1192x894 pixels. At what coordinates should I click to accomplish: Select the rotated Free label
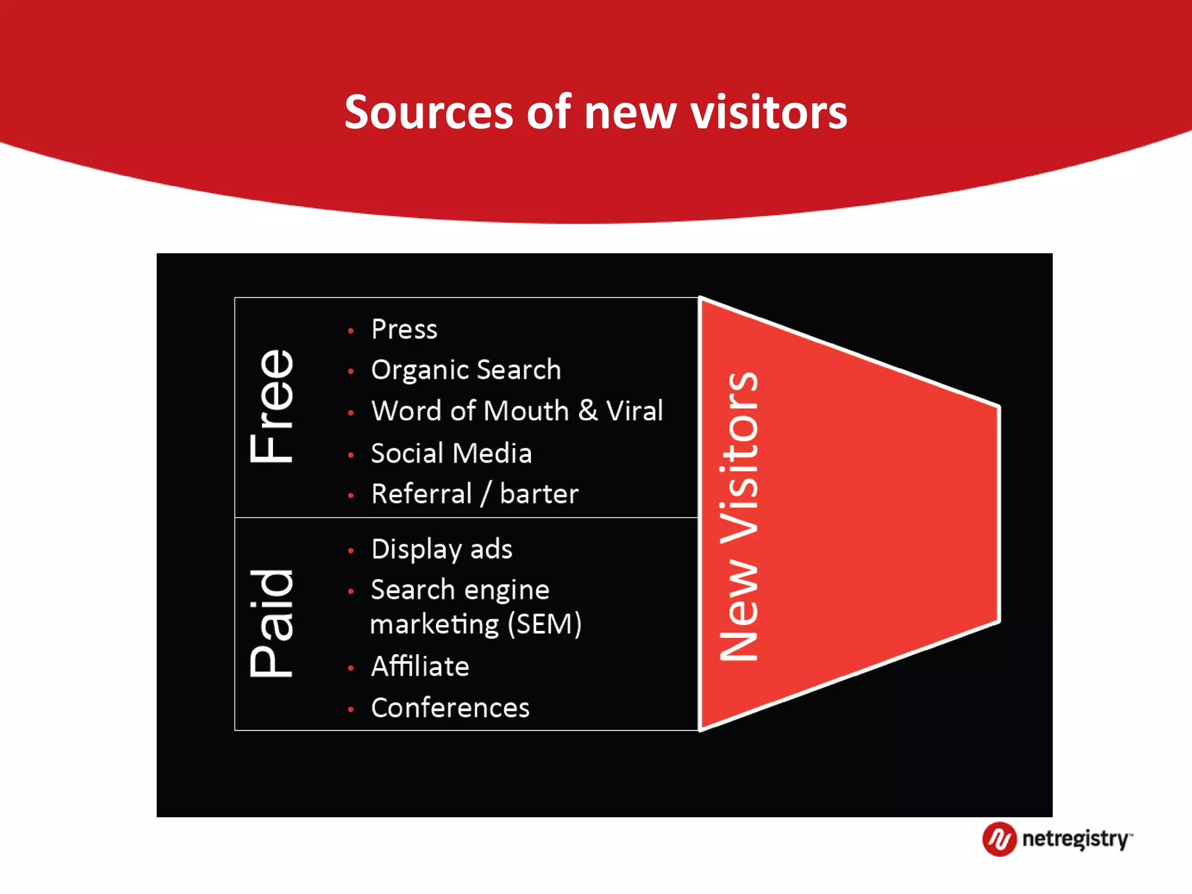coord(271,406)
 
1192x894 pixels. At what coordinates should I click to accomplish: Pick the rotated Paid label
coord(271,623)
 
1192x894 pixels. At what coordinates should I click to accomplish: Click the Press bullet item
coord(404,329)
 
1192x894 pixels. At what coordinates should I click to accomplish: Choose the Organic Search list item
coord(466,370)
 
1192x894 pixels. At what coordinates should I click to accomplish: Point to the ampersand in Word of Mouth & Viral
coord(588,410)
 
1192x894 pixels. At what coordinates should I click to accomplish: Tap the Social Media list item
coord(451,453)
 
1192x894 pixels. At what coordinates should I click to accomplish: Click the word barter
coord(539,494)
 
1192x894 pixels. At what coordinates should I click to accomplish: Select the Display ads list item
coord(442,549)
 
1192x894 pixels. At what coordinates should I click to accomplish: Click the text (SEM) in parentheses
coord(544,625)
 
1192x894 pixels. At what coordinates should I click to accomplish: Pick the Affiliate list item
coord(420,666)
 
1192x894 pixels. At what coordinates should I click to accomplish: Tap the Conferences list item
coord(450,708)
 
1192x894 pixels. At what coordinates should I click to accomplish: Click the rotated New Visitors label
coord(739,516)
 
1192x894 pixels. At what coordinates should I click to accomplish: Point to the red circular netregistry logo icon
coord(999,839)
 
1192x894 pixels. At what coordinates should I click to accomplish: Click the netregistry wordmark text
coord(1076,839)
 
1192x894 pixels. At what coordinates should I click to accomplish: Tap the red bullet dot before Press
coord(351,331)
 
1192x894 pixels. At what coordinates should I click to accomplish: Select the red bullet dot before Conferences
coord(351,709)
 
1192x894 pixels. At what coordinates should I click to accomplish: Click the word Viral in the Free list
coord(634,411)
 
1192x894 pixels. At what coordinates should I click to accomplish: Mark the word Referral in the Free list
coord(421,494)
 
